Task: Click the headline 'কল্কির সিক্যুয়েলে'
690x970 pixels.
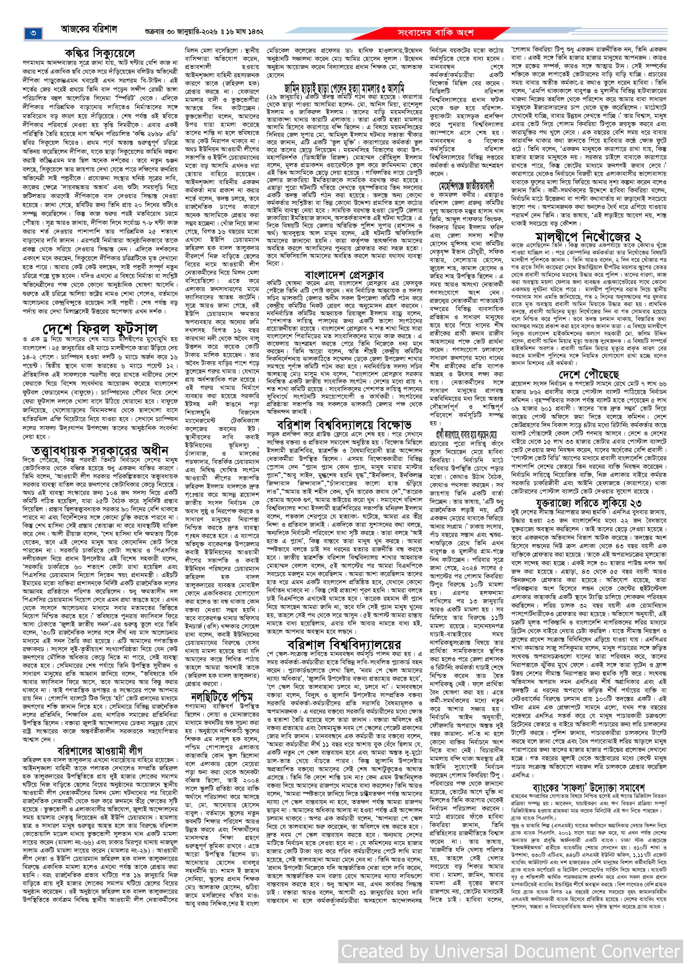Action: (x=100, y=53)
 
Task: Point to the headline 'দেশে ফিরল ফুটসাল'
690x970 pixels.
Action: (x=100, y=329)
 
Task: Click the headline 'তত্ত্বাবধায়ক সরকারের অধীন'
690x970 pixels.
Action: (x=100, y=451)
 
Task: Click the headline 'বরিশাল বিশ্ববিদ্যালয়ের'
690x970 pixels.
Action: (x=344, y=643)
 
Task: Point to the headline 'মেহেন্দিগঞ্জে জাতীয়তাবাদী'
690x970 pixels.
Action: (x=466, y=186)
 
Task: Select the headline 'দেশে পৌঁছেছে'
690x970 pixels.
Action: (x=589, y=374)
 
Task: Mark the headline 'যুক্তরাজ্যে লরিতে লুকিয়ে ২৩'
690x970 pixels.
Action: (x=588, y=503)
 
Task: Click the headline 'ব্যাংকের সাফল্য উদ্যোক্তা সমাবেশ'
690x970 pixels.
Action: (x=588, y=787)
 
